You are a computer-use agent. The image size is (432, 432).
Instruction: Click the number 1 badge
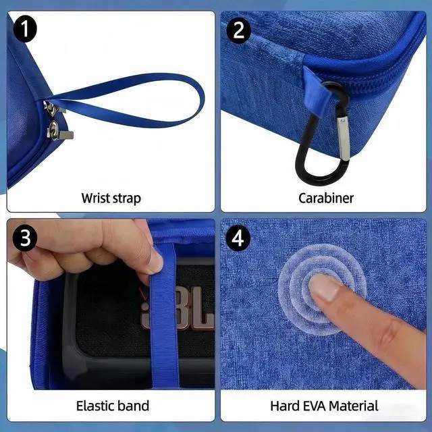(x=24, y=29)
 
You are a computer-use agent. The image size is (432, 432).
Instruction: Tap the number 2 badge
(x=238, y=30)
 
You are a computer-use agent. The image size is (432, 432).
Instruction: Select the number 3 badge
(x=25, y=238)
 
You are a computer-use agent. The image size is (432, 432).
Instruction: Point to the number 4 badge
(x=238, y=238)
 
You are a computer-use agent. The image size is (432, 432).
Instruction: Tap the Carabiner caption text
(x=326, y=198)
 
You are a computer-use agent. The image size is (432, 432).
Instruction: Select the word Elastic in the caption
(x=95, y=406)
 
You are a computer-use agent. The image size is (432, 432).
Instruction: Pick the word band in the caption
(x=134, y=406)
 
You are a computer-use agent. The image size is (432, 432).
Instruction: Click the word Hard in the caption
(x=283, y=406)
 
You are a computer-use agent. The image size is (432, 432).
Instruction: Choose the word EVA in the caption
(x=313, y=406)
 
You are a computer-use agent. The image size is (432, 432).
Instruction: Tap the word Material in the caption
(x=354, y=406)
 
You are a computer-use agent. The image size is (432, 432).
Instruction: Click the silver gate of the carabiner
(x=344, y=138)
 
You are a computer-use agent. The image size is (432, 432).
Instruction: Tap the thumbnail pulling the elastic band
(x=155, y=261)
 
